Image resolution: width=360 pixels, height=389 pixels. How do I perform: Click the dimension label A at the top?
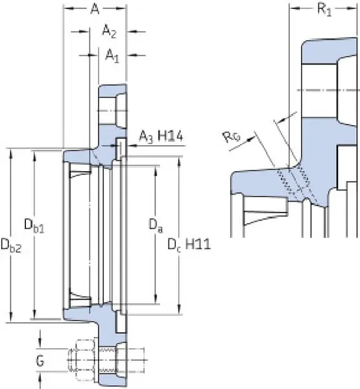95,9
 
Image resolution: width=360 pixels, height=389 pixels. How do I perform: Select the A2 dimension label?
109,32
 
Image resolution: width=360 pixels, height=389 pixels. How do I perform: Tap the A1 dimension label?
112,55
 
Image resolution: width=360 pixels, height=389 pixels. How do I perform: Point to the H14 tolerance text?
171,136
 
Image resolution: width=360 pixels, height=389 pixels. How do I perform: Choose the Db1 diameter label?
34,226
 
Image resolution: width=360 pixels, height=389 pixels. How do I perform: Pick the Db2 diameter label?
11,246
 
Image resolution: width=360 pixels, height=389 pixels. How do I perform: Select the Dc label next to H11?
174,245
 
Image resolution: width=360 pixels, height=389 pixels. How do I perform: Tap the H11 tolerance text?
198,244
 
